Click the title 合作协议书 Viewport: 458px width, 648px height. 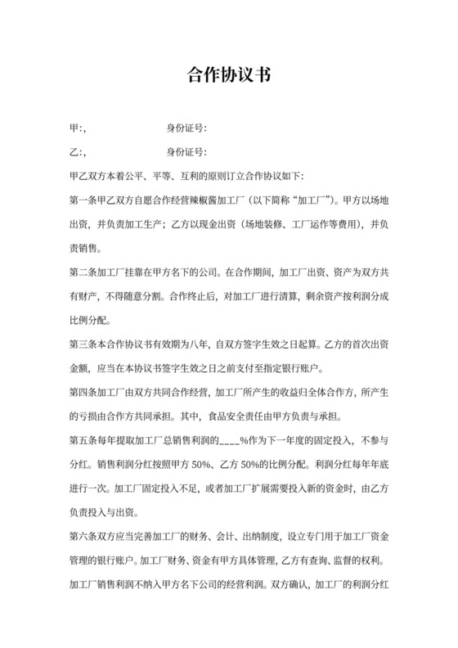228,76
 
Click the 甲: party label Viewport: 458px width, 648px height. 78,128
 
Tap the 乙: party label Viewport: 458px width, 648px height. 78,152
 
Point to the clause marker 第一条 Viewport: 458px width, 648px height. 85,200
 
